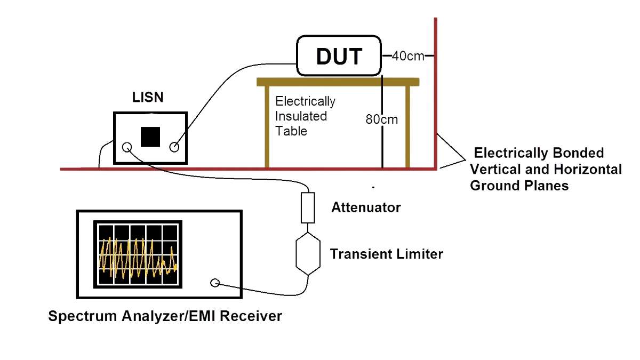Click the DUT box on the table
coord(339,56)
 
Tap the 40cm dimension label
coord(408,56)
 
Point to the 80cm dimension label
coord(382,119)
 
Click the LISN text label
coord(148,98)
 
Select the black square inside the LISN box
coord(150,137)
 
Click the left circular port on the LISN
coord(127,148)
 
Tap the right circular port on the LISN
coord(174,148)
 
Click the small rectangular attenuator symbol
coord(308,207)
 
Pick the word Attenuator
coord(366,207)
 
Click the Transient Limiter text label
coord(386,254)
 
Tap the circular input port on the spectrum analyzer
coord(215,283)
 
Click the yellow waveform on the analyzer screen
coord(138,256)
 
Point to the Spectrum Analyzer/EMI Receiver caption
coord(165,316)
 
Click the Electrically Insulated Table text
coord(305,116)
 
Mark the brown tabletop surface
coord(337,82)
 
